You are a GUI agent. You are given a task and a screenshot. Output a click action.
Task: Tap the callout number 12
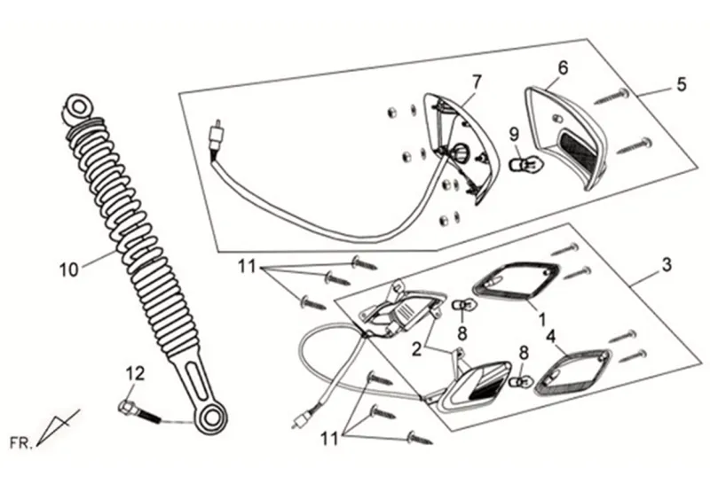(133, 375)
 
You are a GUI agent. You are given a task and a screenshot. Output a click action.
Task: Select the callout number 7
(477, 82)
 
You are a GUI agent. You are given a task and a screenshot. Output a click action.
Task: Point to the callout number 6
(562, 66)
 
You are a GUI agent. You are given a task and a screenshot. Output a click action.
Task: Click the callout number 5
(681, 84)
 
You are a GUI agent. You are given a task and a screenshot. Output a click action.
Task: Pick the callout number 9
(513, 134)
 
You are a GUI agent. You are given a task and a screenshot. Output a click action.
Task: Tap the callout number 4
(550, 336)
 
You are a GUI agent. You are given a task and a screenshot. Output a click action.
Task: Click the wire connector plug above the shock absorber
(212, 135)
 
